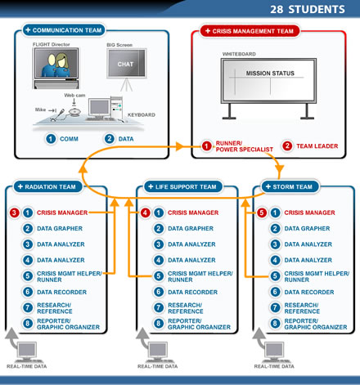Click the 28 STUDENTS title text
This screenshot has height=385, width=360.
[308, 10]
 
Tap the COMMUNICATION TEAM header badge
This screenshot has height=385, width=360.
[64, 30]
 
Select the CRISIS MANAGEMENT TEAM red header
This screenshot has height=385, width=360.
[250, 31]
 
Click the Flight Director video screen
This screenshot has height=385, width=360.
[56, 64]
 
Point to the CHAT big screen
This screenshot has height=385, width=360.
[127, 64]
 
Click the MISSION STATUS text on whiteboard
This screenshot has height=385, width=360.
[270, 74]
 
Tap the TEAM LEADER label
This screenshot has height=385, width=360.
[317, 146]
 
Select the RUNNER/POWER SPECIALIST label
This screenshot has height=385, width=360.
[244, 146]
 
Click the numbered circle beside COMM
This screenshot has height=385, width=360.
[51, 139]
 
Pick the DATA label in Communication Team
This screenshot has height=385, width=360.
[126, 139]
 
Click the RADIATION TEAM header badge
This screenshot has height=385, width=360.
[47, 186]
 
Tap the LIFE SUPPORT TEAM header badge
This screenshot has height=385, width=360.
[183, 186]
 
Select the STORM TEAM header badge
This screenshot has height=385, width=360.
[290, 186]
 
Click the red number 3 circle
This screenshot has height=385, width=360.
[15, 213]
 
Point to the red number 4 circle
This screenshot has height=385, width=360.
[145, 213]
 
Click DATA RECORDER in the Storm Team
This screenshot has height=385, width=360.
[309, 292]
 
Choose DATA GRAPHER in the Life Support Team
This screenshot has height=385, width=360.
[191, 228]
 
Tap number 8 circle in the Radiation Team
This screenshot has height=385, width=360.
[28, 324]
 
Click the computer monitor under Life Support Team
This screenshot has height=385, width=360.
[157, 351]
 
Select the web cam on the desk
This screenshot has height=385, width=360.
[74, 112]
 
